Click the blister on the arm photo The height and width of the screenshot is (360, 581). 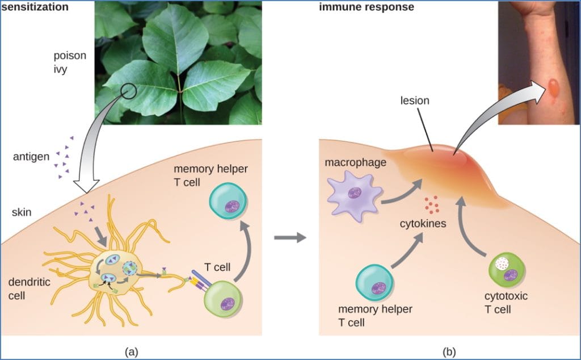(553, 87)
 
